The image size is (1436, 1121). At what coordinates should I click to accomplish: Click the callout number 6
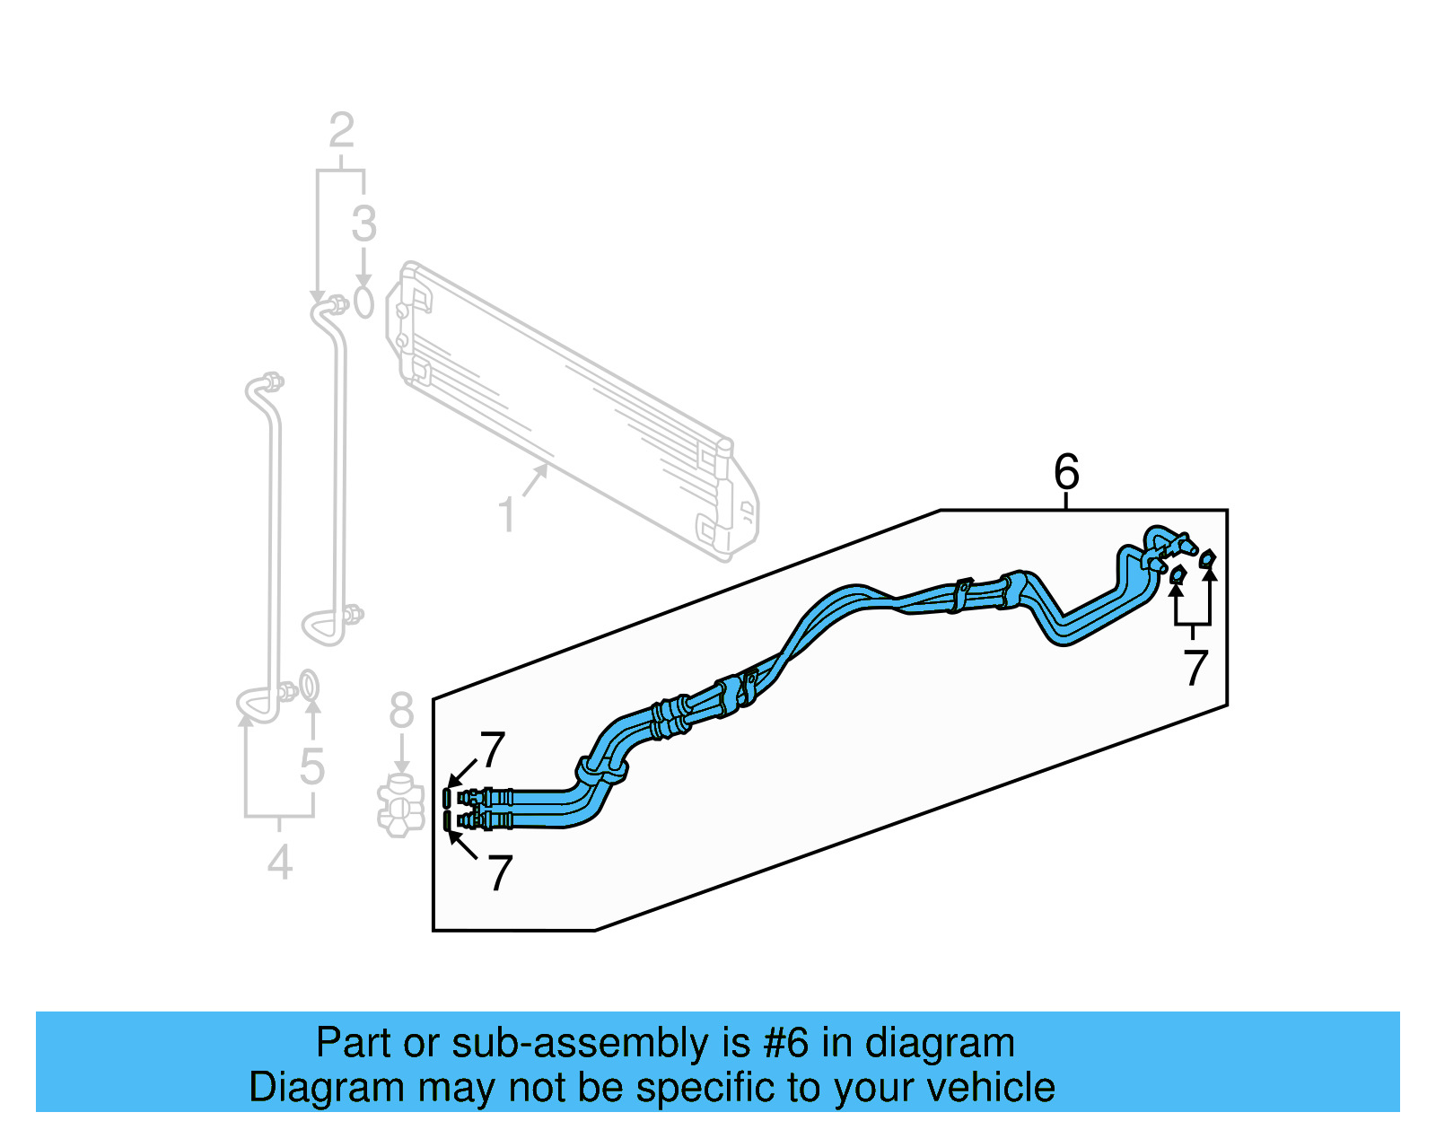[1066, 471]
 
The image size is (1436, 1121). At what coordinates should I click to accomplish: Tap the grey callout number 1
[507, 515]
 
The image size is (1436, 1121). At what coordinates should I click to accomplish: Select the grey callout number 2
[341, 131]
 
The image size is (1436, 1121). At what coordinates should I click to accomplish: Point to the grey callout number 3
[363, 223]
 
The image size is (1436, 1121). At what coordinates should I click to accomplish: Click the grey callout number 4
[280, 863]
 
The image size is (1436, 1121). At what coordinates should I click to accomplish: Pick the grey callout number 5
[311, 766]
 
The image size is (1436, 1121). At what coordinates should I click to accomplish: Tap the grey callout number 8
[401, 711]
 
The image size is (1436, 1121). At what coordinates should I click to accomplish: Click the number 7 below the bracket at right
[1195, 668]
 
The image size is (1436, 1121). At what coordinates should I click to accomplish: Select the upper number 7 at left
[493, 749]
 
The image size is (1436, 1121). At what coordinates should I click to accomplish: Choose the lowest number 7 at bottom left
[499, 872]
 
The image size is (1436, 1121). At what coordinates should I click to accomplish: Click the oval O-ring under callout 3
[363, 302]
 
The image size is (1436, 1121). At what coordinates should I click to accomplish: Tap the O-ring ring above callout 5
[308, 685]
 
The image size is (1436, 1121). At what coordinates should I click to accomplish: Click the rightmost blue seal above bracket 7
[1207, 559]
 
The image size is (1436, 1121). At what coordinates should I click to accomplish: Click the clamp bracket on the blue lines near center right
[960, 594]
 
